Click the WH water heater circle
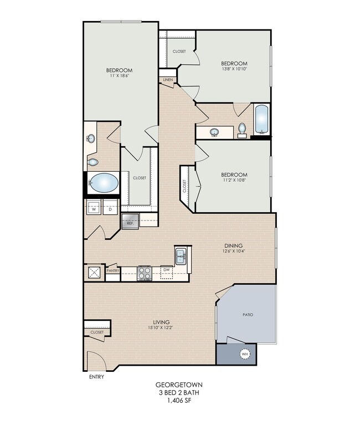click(245, 354)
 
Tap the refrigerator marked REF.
click(130, 221)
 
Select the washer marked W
click(94, 207)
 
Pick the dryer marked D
click(110, 207)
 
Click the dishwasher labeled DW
click(167, 273)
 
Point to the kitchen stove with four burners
click(145, 273)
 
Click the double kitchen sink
click(181, 256)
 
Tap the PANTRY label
click(113, 270)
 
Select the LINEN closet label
click(168, 80)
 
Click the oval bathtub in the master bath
click(104, 183)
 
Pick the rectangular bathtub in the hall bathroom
click(262, 120)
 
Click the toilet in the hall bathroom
click(242, 130)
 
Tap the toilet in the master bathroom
click(92, 162)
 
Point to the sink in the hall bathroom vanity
click(214, 132)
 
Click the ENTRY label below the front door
click(97, 377)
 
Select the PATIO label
click(248, 315)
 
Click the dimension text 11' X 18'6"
click(119, 76)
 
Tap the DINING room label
click(234, 246)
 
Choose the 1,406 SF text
click(179, 401)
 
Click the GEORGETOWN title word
click(179, 385)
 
